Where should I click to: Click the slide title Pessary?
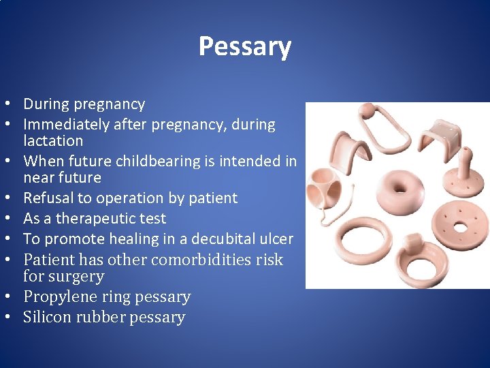pyautogui.click(x=245, y=46)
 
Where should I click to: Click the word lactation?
pyautogui.click(x=53, y=141)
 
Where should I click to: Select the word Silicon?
pyautogui.click(x=45, y=318)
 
